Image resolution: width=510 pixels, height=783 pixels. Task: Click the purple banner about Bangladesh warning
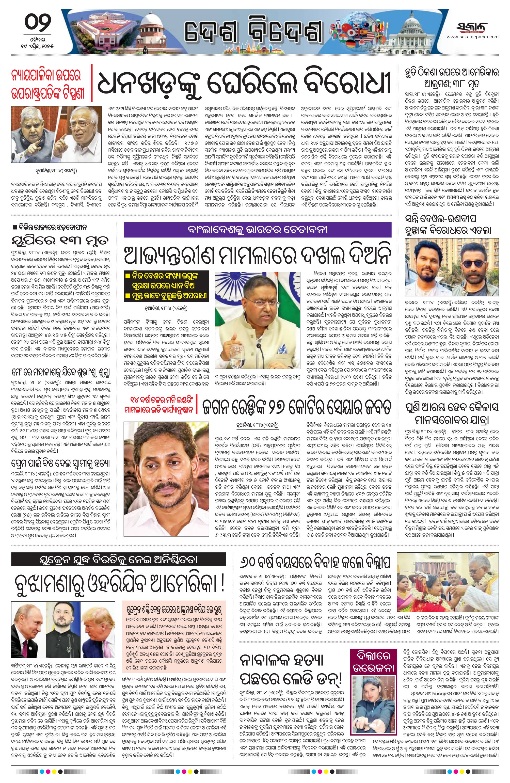point(257,230)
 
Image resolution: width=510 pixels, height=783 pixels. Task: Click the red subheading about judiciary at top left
point(48,86)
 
